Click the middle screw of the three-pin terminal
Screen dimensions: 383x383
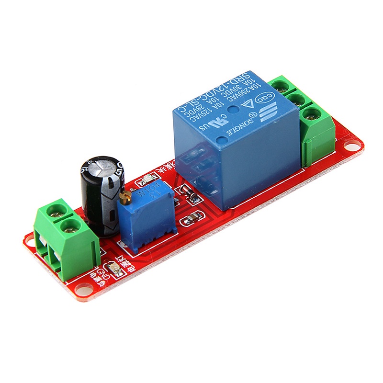click(x=296, y=100)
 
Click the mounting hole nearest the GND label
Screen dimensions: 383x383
click(x=86, y=289)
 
